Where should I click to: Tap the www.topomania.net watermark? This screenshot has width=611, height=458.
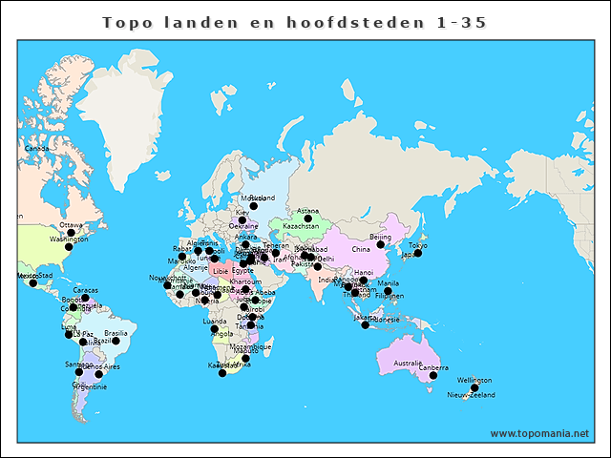point(539,433)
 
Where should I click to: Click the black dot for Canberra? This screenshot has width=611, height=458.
point(432,376)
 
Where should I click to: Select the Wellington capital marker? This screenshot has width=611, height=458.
point(474,387)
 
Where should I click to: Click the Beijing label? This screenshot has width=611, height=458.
point(380,237)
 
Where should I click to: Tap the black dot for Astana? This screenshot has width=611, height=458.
point(307,219)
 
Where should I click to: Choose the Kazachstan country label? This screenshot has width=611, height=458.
point(301,227)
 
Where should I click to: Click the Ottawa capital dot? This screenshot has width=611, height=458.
point(71,233)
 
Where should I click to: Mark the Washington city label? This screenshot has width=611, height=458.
point(68,239)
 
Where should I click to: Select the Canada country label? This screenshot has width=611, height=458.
point(36,149)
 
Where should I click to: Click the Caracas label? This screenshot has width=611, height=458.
point(85,290)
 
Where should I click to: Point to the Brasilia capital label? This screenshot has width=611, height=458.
point(116,333)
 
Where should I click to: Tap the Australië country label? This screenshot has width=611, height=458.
point(408,363)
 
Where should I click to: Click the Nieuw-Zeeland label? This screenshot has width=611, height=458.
point(472,394)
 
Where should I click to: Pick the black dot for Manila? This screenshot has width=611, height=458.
point(388,290)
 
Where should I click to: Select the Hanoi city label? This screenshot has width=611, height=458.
point(364,273)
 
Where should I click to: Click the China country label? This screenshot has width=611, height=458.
point(360,250)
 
